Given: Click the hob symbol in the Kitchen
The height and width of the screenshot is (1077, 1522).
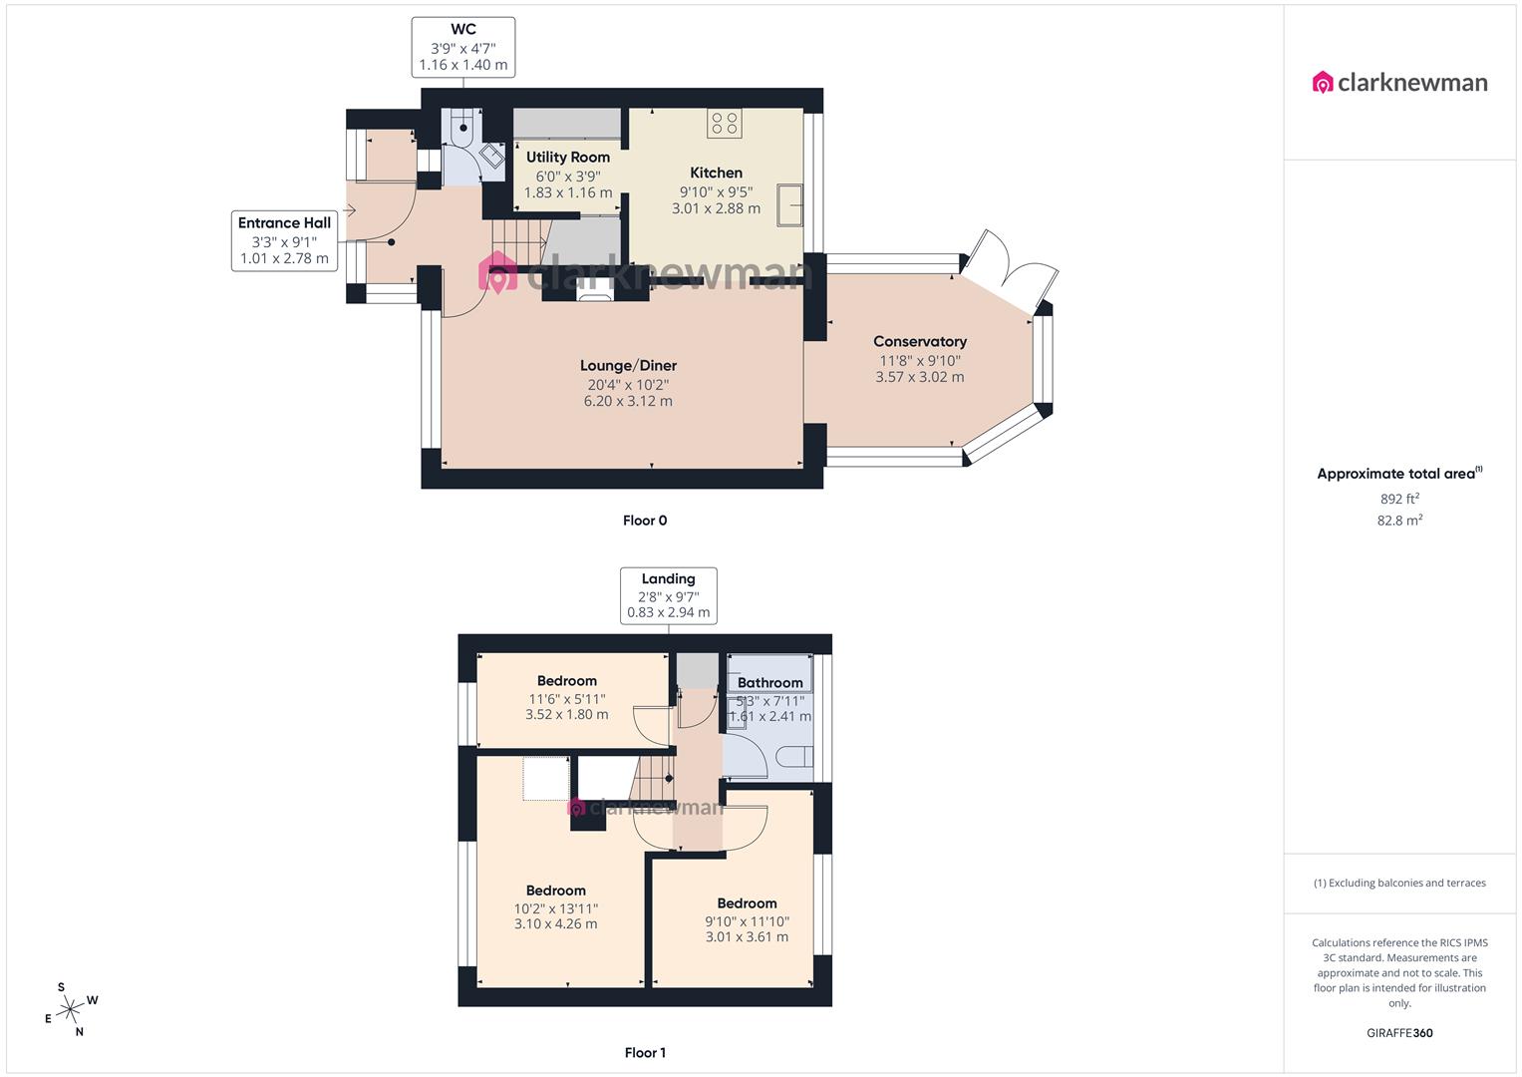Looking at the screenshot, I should tap(725, 124).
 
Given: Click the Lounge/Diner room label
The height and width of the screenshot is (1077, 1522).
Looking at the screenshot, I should tap(628, 366).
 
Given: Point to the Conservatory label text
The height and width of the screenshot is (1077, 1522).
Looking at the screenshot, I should tap(919, 342).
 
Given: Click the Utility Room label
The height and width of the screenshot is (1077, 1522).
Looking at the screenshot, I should tap(568, 158).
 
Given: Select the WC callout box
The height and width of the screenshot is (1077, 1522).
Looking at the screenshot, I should tap(463, 47).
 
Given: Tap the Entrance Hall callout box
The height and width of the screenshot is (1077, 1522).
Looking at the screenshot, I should tap(284, 240).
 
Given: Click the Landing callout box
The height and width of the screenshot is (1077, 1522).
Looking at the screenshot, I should tap(668, 595).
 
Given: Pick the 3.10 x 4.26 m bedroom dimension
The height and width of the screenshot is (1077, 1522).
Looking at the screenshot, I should tap(555, 924).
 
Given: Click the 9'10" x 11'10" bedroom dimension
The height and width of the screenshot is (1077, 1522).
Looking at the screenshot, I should tap(747, 921).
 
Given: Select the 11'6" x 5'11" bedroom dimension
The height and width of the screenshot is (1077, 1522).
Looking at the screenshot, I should tap(566, 699).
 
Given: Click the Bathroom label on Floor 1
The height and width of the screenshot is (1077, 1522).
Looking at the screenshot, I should tap(769, 683).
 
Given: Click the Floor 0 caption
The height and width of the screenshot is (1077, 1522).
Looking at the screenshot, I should tap(645, 521).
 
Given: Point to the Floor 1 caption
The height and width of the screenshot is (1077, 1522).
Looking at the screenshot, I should tap(645, 1053).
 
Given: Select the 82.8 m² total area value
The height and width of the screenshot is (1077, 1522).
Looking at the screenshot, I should tap(1399, 521).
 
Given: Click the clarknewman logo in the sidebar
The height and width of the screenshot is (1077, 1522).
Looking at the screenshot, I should tap(1399, 83).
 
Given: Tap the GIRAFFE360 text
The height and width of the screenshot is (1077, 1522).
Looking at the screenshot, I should tap(1399, 1033).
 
